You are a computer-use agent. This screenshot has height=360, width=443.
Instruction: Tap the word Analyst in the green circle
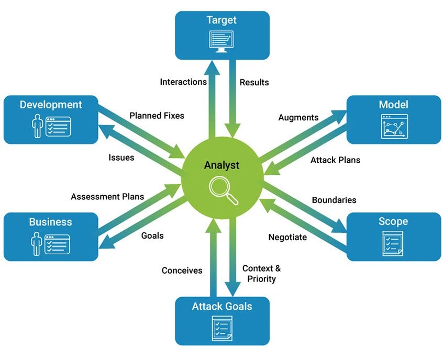tap(222, 165)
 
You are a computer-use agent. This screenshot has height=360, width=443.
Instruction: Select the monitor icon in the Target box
tap(222, 41)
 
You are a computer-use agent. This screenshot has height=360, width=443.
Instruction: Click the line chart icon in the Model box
tap(394, 126)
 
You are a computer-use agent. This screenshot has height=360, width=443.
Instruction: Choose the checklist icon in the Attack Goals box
tap(222, 328)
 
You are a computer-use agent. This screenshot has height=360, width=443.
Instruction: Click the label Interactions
tap(183, 82)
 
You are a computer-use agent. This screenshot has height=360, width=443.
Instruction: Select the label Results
tap(254, 82)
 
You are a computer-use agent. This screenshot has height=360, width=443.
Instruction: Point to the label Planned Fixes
tap(157, 115)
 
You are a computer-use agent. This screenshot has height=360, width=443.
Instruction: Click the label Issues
tap(121, 157)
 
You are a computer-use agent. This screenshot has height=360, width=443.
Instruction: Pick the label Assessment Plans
tap(107, 197)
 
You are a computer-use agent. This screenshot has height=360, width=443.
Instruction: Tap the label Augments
tap(298, 117)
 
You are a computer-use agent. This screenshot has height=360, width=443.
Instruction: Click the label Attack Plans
tap(335, 160)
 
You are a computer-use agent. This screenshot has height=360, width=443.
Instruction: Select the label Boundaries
tap(334, 200)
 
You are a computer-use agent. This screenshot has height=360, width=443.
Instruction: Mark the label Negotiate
tap(287, 237)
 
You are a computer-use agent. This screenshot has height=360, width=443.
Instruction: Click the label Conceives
tap(182, 271)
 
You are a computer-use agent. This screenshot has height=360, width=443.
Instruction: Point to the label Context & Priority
tap(261, 273)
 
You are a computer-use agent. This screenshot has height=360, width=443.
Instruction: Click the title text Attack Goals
tap(222, 306)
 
